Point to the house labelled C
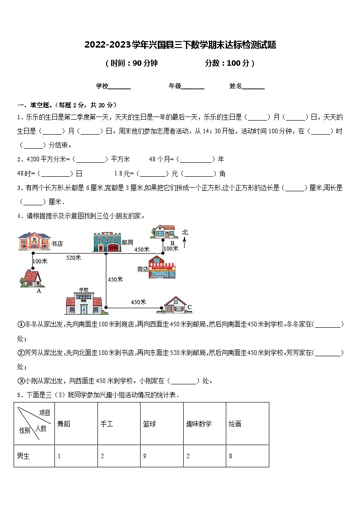[x=174, y=305]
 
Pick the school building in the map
[x=83, y=301]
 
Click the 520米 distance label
[x=73, y=257]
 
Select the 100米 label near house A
[x=40, y=261]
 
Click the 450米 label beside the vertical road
[x=115, y=279]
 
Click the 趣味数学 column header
[x=199, y=424]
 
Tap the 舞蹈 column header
[x=64, y=424]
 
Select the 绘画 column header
[x=235, y=424]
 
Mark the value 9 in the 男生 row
[x=145, y=456]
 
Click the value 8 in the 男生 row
[x=230, y=456]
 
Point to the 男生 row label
[x=23, y=456]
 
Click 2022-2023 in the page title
[x=107, y=45]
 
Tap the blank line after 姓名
[x=253, y=87]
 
